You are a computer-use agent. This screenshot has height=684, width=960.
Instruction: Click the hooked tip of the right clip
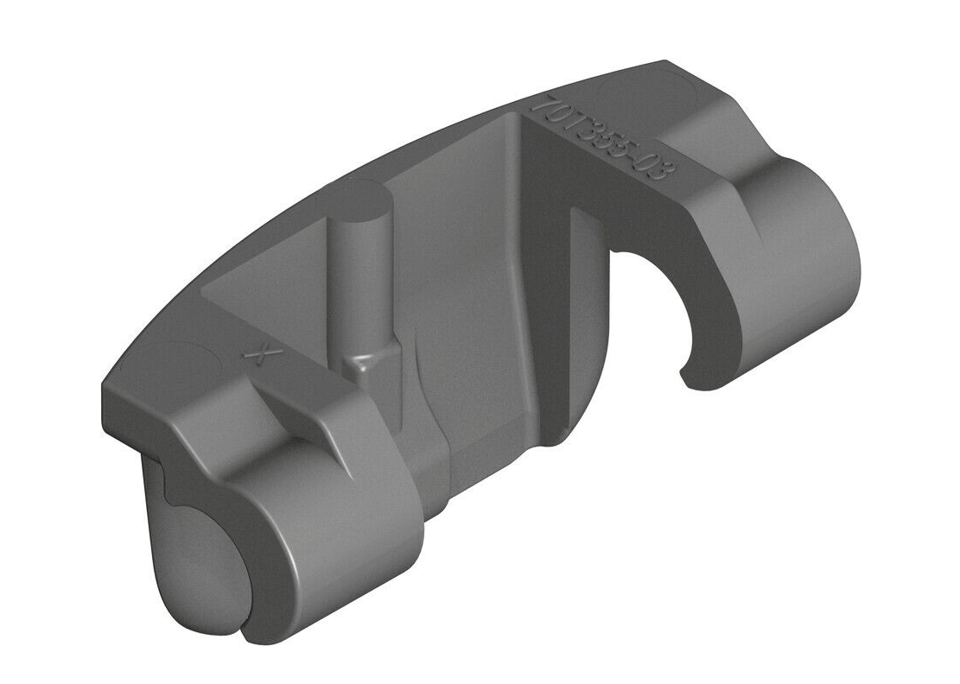(687, 377)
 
